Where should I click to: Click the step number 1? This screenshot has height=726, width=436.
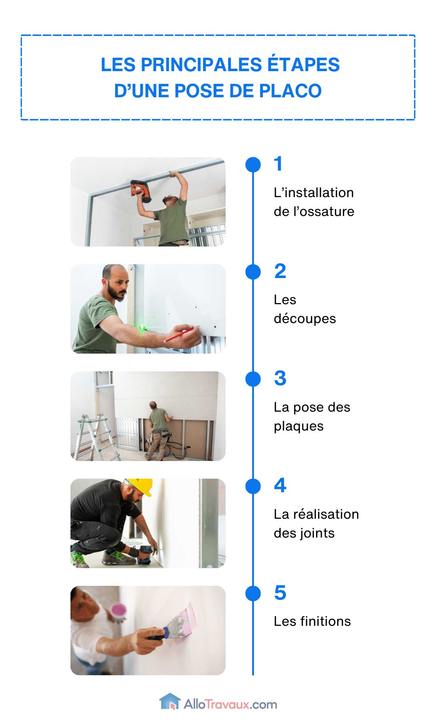pos(278,164)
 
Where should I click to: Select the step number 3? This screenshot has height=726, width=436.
pos(280,378)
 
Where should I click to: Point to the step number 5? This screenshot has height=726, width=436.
pos(280,593)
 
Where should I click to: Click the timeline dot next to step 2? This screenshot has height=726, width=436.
pos(253,272)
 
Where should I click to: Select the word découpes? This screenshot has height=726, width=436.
pos(304,319)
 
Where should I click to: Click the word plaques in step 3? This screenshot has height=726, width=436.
pos(298,426)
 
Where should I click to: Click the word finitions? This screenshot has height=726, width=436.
pos(325,621)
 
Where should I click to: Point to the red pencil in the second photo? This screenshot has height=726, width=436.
pos(178,335)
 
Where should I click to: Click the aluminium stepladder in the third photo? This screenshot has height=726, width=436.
pos(94,437)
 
